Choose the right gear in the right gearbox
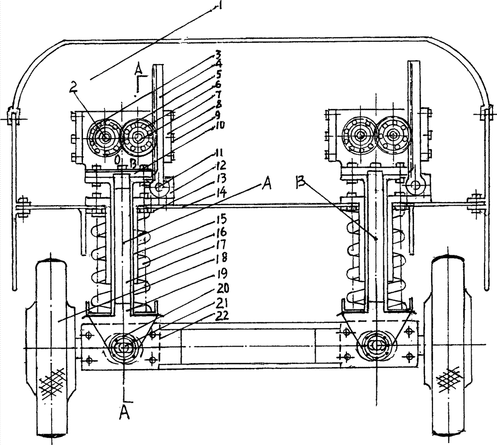point(394,134)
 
